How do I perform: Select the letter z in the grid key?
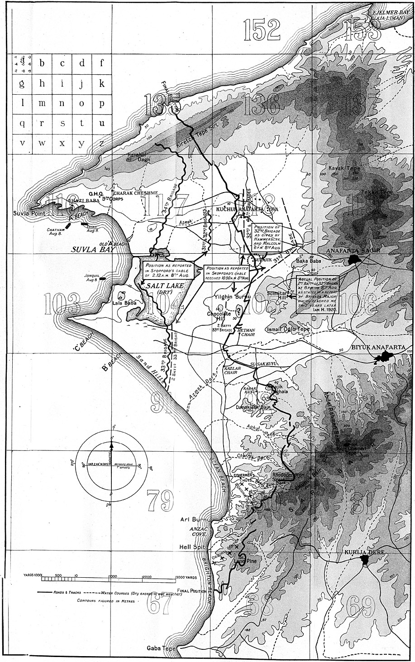[x=102, y=143]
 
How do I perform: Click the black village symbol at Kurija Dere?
[x=365, y=561]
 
